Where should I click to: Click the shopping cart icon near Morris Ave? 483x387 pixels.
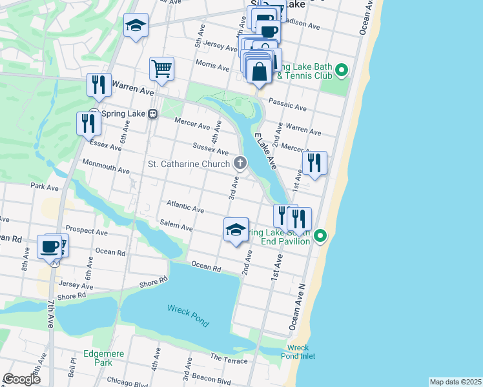pos(161,68)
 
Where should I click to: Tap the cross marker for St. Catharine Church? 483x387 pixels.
pos(240,163)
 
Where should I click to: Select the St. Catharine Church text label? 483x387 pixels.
pos(189,164)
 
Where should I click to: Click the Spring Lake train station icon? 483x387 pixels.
pos(153,114)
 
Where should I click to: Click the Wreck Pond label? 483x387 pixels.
pos(188,315)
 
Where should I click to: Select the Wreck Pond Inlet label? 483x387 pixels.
pos(298,352)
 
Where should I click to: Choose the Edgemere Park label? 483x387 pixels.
pos(99,358)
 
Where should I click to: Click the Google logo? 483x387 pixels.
pos(21,379)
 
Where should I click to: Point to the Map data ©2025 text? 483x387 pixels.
pos(455,382)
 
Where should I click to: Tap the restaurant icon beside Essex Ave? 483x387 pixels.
pos(88,123)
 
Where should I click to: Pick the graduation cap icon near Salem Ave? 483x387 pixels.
pos(236,230)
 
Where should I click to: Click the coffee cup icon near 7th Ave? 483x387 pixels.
pos(49,246)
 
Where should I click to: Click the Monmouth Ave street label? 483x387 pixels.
pos(106,169)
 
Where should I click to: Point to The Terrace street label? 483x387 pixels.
pos(229,359)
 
